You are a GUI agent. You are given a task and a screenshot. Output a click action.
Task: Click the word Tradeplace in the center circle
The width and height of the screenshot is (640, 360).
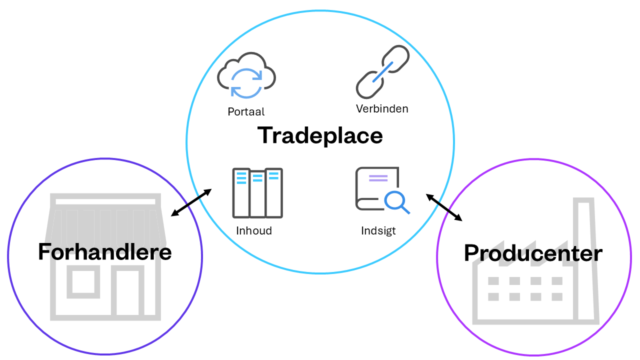(320, 135)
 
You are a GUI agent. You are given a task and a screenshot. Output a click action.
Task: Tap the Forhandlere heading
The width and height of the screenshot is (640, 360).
(105, 252)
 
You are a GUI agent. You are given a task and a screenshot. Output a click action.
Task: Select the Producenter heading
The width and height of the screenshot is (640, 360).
(533, 253)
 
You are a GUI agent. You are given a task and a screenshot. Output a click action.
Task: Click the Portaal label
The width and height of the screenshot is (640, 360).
(246, 111)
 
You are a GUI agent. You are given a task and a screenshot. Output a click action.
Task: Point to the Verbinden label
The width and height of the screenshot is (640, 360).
(382, 108)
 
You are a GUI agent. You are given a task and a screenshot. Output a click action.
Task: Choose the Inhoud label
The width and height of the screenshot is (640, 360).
(254, 231)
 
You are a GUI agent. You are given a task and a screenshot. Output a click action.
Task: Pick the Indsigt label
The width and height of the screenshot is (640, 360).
(378, 231)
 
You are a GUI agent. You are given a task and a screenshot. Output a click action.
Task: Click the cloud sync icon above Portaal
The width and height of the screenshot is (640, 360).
(246, 75)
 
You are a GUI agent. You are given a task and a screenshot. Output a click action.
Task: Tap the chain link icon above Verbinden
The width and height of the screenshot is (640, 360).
(382, 72)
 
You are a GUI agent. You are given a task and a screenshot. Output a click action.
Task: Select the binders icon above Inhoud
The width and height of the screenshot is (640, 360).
(257, 193)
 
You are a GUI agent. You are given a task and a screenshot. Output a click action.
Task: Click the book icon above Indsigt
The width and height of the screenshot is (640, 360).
(377, 187)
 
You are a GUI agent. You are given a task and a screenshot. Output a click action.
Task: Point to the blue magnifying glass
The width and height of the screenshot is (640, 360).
(396, 201)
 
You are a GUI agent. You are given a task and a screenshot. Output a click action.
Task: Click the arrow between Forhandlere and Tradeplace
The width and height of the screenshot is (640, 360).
(191, 202)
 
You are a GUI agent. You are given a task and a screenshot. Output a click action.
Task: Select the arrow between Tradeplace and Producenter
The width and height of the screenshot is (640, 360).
(444, 207)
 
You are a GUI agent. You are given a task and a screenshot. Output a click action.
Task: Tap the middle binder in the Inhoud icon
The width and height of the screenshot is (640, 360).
(257, 194)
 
